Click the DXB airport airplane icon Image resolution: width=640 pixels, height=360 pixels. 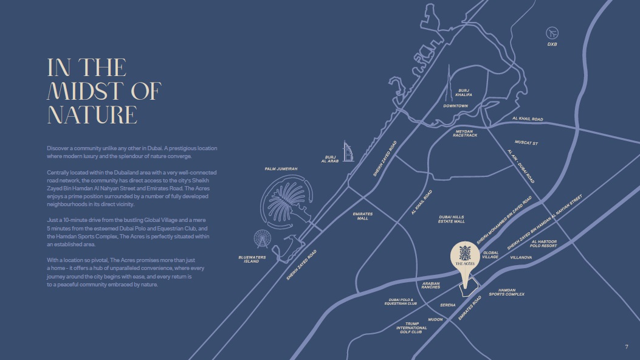552,32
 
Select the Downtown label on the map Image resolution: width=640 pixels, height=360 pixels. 455,106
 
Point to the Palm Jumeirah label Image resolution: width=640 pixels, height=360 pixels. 281,168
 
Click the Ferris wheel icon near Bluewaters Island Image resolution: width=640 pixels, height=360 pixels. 262,239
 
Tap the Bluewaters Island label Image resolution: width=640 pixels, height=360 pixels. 252,259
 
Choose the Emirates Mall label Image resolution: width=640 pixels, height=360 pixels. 363,216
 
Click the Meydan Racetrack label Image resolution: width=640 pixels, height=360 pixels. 465,133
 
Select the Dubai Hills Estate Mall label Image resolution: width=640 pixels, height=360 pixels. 452,219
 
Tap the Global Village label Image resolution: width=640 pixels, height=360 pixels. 490,255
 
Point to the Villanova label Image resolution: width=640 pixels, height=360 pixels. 521,257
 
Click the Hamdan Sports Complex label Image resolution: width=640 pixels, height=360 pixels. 507,292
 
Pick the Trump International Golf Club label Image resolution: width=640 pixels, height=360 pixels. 411,328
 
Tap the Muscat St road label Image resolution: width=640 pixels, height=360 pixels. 526,144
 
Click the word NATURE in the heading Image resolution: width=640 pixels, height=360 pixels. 92,114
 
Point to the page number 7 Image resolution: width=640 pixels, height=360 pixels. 627,347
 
